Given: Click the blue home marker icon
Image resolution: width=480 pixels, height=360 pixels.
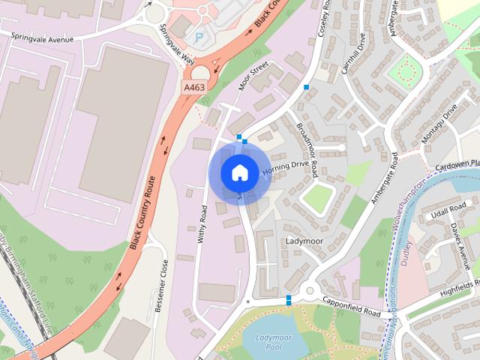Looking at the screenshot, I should tap(239, 172).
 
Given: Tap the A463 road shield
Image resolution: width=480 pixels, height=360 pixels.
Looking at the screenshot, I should tap(193, 88).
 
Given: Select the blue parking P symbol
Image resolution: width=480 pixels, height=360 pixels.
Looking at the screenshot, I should tap(199, 36).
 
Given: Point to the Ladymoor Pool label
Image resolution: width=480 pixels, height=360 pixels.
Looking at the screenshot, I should tap(271, 344).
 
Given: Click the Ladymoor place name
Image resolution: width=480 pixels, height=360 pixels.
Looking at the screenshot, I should tap(304, 241).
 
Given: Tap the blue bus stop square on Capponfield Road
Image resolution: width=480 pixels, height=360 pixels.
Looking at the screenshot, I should tap(289, 300).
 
